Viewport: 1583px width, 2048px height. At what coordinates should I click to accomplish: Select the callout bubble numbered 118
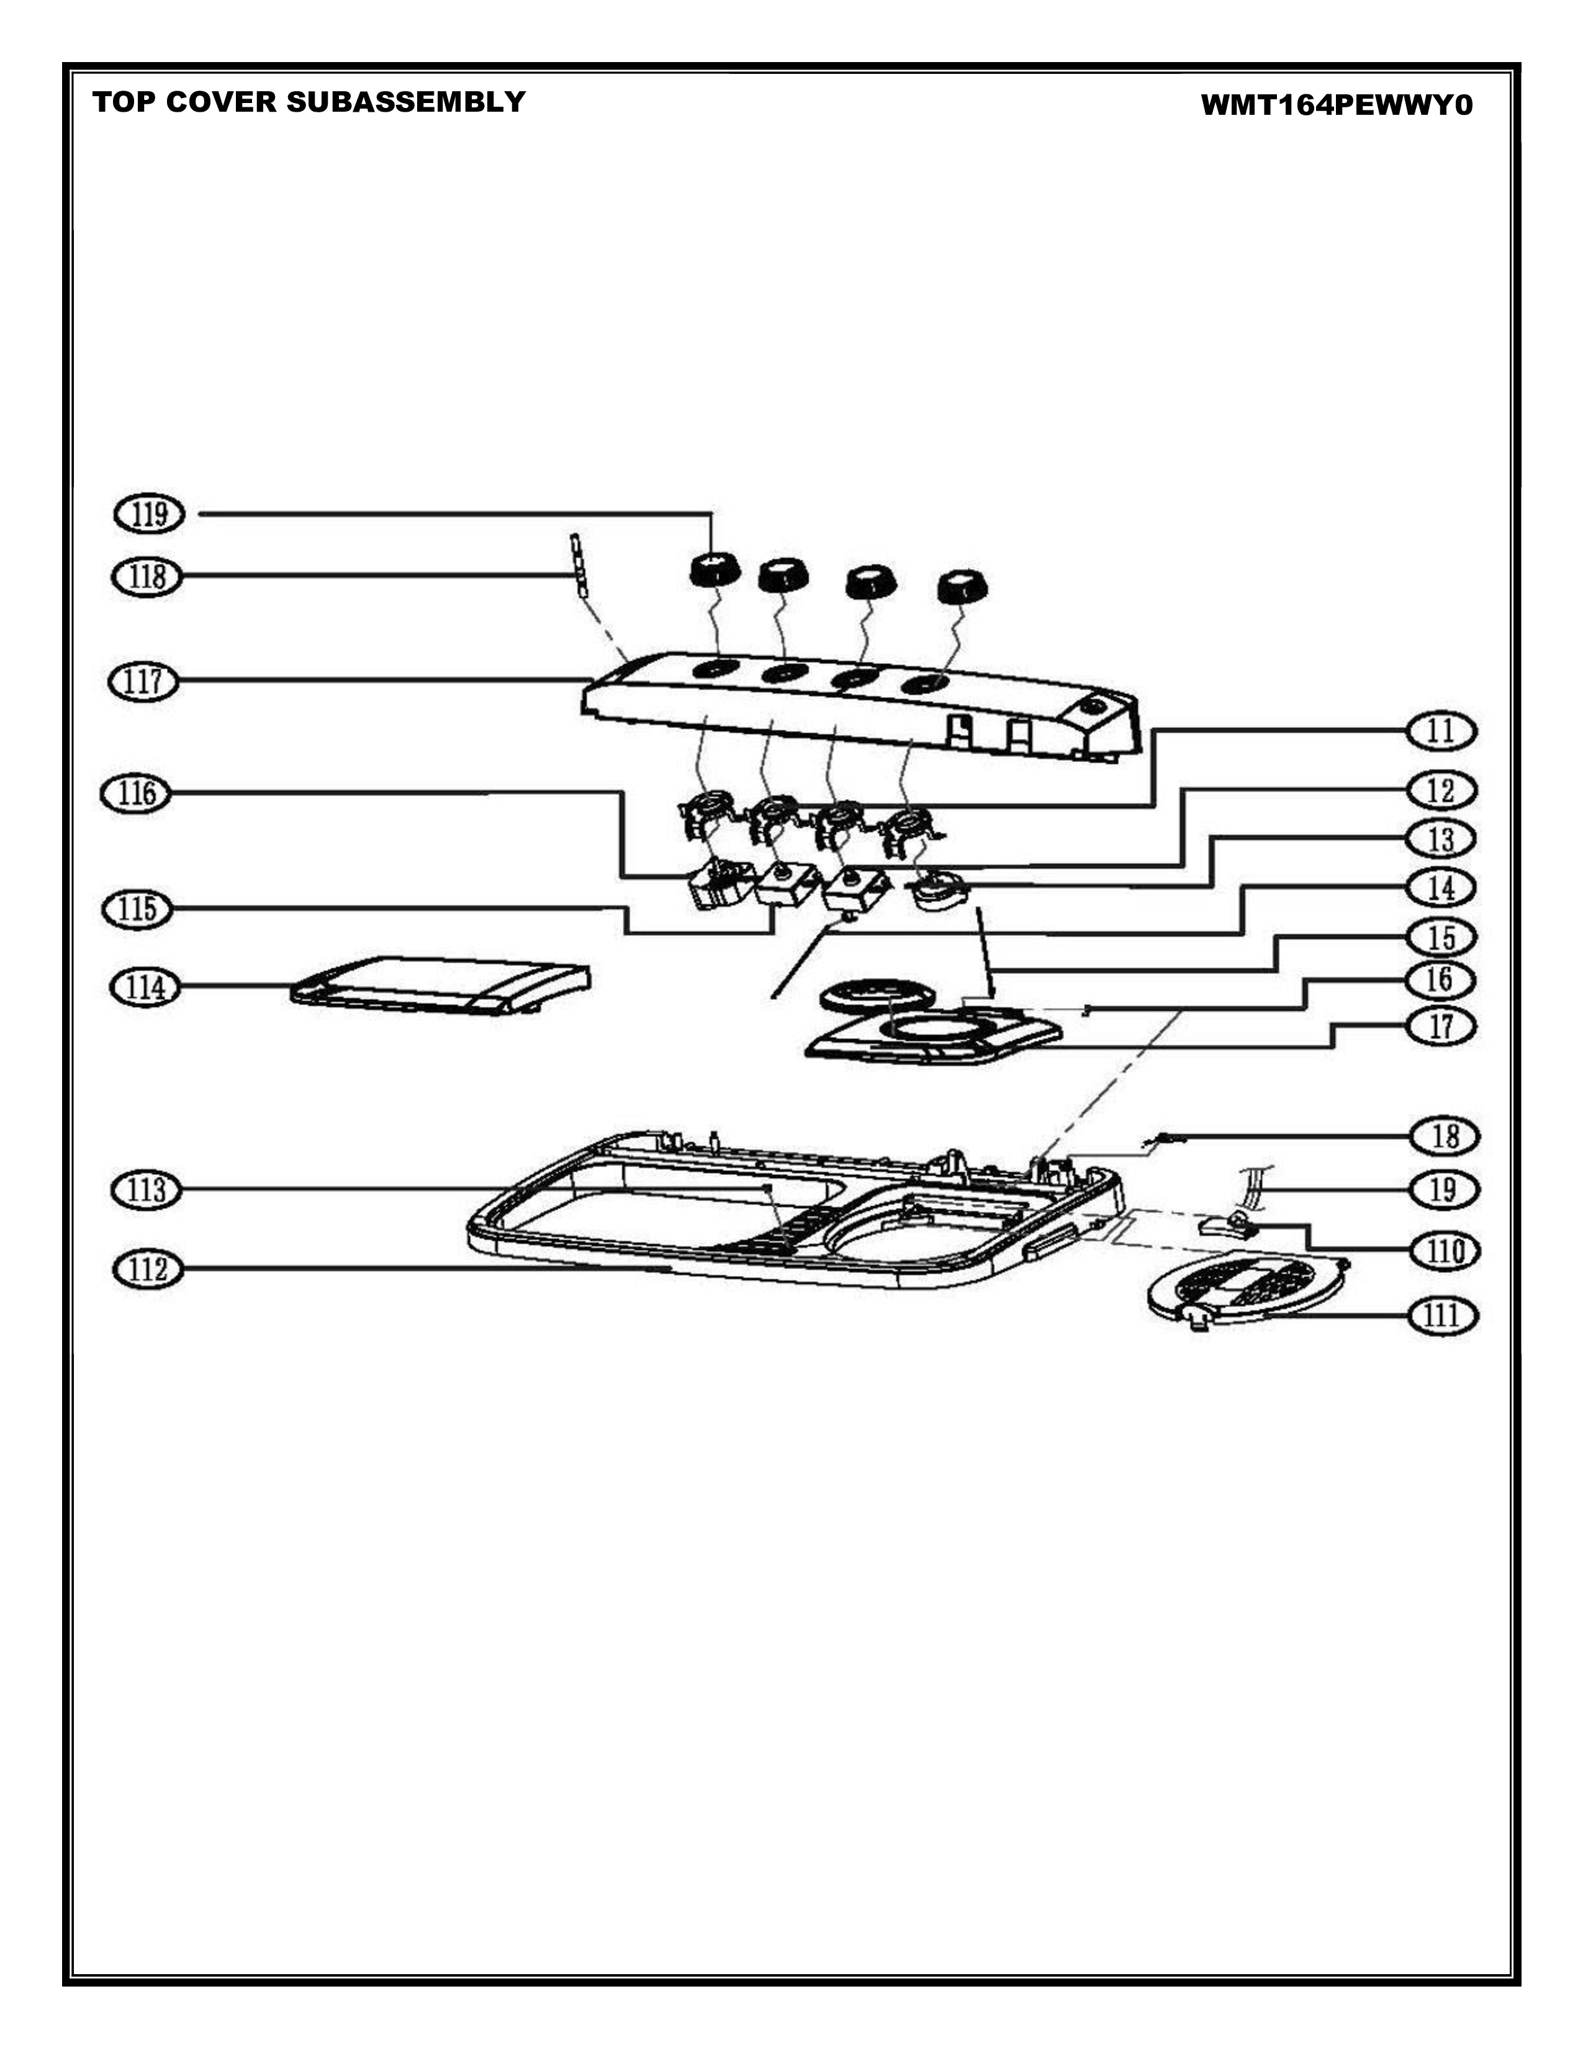pyautogui.click(x=147, y=576)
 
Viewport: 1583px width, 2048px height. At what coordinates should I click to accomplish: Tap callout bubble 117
pyautogui.click(x=143, y=681)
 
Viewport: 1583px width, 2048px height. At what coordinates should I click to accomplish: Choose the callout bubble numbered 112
pyautogui.click(x=147, y=1270)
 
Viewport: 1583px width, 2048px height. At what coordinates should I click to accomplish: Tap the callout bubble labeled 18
pyautogui.click(x=1445, y=1136)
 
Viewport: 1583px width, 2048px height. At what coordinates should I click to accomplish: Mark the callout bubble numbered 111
pyautogui.click(x=1443, y=1316)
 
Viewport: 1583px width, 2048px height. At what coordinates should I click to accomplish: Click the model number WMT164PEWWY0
pyautogui.click(x=1337, y=105)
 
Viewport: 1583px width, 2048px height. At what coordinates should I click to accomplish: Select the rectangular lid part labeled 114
pyautogui.click(x=441, y=984)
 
